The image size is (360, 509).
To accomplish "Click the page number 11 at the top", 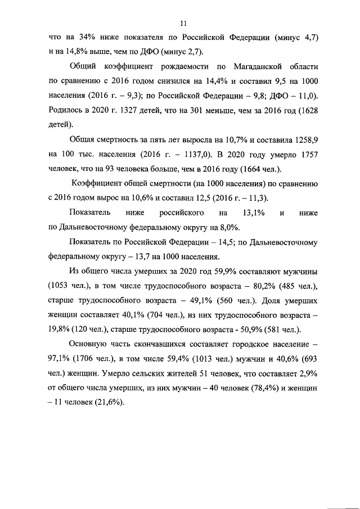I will coord(183,23).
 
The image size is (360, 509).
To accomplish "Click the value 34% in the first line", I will coord(80,37).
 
